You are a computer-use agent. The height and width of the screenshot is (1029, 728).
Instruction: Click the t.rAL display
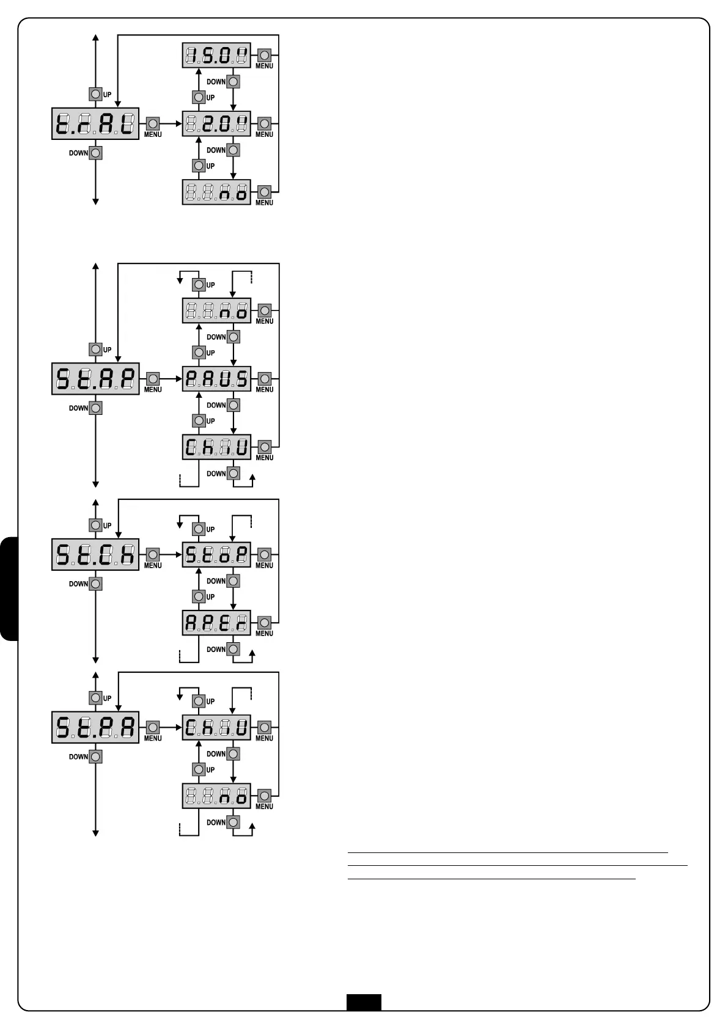tap(95, 125)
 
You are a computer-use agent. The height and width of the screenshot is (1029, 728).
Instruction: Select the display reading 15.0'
tap(216, 56)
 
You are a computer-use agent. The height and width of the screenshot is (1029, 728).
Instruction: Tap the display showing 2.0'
tap(216, 125)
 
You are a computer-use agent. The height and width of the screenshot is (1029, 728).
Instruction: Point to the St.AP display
tap(95, 379)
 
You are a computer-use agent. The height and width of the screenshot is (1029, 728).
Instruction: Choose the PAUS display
tap(216, 379)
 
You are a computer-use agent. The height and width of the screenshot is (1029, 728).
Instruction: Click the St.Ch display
tap(95, 554)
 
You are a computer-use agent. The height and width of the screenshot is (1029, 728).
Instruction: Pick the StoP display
tap(216, 554)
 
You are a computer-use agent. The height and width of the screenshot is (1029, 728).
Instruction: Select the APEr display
tap(216, 623)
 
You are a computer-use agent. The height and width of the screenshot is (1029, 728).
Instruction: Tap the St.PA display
tap(95, 727)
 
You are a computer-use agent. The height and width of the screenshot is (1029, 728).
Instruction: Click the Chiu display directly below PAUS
tap(216, 447)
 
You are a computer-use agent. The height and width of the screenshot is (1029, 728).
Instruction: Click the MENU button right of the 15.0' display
tap(264, 56)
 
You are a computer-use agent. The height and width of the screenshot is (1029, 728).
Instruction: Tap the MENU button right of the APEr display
tap(264, 623)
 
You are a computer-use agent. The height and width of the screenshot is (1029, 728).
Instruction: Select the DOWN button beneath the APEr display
tap(233, 649)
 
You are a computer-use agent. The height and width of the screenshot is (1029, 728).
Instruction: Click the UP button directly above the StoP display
tap(198, 529)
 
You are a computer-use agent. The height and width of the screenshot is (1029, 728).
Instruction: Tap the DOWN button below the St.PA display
tap(95, 756)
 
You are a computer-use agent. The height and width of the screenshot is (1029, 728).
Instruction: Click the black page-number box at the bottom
tap(364, 1002)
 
